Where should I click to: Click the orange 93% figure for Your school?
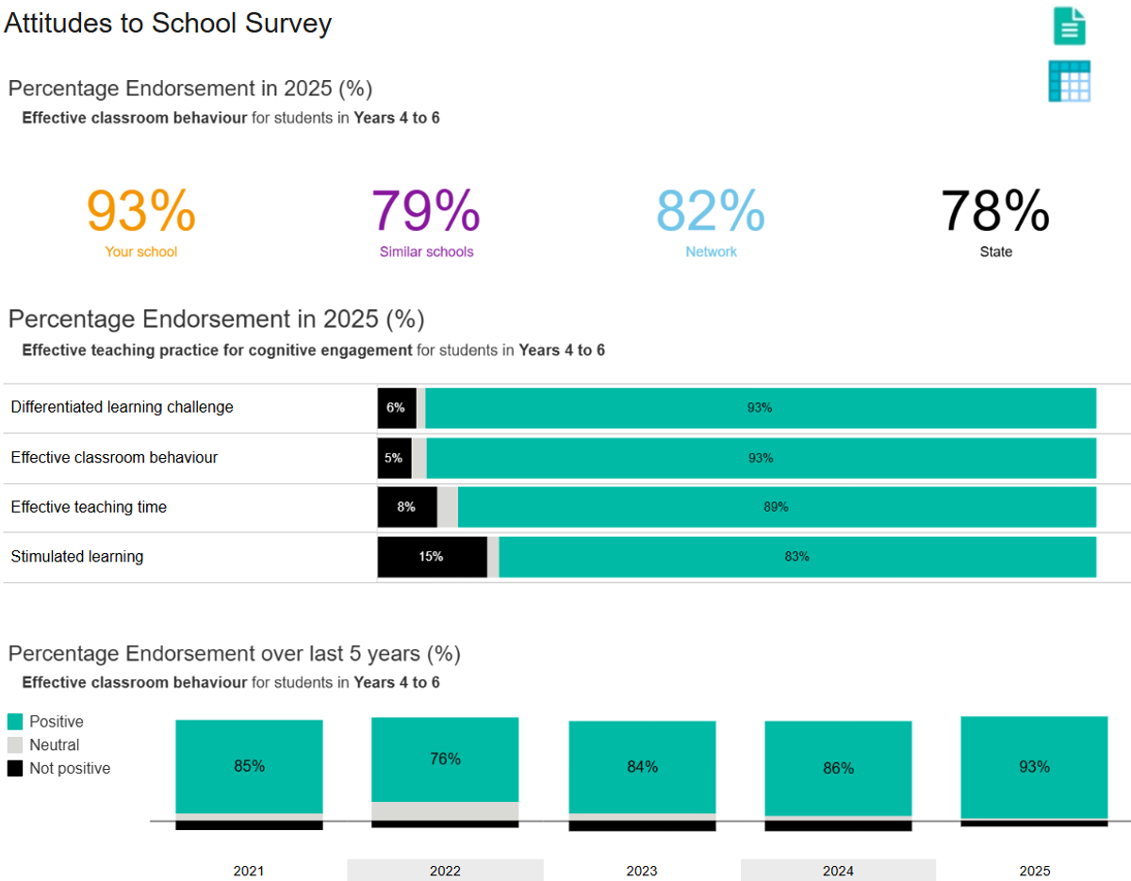click(x=141, y=211)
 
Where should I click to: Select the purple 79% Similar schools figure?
click(x=426, y=211)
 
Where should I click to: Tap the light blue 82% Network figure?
click(x=711, y=211)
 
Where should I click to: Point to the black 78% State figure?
click(x=995, y=211)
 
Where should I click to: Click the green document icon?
click(x=1070, y=25)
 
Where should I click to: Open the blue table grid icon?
click(x=1070, y=81)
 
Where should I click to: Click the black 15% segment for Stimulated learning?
click(x=432, y=557)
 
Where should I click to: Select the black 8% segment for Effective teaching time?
click(x=406, y=507)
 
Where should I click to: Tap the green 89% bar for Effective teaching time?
click(x=776, y=507)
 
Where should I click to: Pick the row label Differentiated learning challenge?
click(x=123, y=407)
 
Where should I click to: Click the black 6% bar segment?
click(x=396, y=408)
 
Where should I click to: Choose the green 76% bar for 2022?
click(x=445, y=759)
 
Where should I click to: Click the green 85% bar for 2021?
click(x=250, y=766)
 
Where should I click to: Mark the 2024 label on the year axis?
click(x=838, y=871)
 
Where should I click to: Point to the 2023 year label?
click(x=642, y=871)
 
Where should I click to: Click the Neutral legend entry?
click(x=55, y=745)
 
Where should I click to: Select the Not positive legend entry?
click(x=70, y=769)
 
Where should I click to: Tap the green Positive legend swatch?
click(x=15, y=722)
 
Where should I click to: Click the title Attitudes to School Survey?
click(x=168, y=23)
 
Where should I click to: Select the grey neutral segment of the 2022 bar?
click(x=445, y=811)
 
